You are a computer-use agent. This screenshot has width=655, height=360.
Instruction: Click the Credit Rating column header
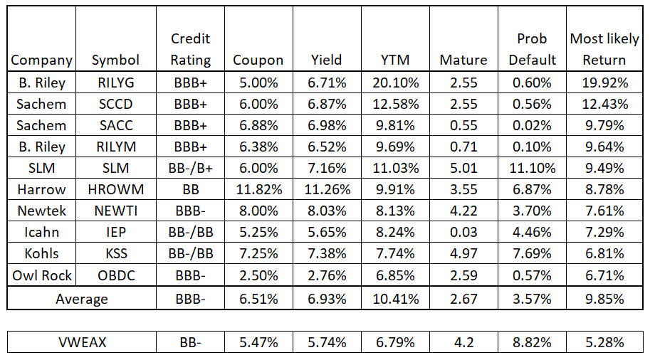[x=191, y=49]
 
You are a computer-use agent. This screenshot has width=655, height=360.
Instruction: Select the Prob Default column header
[x=533, y=49]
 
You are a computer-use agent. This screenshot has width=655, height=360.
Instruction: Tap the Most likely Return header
[x=604, y=49]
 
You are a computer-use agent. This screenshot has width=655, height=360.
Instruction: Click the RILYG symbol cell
[x=115, y=83]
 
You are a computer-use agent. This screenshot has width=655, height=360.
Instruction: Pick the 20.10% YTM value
[x=396, y=83]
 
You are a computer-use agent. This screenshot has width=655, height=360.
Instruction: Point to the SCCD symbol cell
[x=115, y=104]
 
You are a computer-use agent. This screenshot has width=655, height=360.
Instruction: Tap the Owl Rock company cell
[x=42, y=274]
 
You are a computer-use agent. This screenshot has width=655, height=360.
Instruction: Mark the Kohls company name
[x=42, y=253]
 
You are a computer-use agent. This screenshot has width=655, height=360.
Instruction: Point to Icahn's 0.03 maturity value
[x=463, y=231]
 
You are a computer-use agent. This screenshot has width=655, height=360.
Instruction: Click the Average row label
[x=82, y=299]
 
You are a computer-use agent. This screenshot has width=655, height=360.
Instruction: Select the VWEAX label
[x=82, y=342]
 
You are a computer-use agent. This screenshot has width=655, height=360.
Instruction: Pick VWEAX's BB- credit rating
[x=191, y=342]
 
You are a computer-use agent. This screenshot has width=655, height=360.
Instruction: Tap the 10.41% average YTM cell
[x=396, y=299]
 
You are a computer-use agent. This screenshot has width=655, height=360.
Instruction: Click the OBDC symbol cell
[x=115, y=274]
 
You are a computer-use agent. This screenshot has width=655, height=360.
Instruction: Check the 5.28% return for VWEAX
[x=604, y=342]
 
